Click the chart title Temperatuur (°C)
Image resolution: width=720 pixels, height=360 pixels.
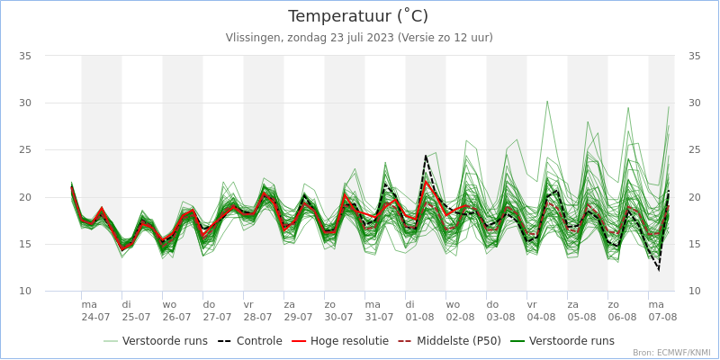pos(358,16)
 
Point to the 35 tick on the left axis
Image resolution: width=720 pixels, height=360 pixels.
pos(25,56)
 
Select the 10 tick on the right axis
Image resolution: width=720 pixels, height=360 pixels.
pos(694,292)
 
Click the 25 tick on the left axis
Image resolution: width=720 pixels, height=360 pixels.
pos(25,150)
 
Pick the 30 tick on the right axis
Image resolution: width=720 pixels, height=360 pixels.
pos(694,103)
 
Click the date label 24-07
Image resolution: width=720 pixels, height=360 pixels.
pos(95,318)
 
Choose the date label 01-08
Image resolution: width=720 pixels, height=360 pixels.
pos(419,318)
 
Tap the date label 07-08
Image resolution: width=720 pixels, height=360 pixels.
pos(662,318)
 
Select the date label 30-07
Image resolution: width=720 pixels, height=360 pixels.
pos(338,318)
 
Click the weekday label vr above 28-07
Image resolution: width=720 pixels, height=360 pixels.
pos(248,305)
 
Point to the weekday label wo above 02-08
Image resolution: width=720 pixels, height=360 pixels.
pos(452,305)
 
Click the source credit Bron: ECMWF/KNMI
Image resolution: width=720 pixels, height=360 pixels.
pos(671,353)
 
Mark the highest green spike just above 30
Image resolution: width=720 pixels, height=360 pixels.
pos(546,101)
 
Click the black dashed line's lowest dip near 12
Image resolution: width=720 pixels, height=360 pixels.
pos(659,269)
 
